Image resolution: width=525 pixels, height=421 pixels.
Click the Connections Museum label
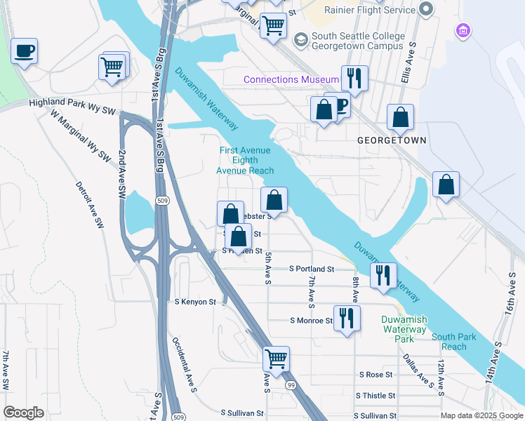tap(291, 80)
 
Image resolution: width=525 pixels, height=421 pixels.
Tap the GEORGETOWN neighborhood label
tap(392, 140)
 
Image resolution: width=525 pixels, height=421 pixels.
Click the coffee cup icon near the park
tap(25, 51)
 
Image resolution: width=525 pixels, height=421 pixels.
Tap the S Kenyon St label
tap(195, 302)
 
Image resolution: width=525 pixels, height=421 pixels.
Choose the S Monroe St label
tap(311, 321)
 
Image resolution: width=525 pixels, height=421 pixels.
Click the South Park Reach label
tap(453, 342)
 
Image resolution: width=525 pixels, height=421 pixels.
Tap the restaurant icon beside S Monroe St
tap(347, 319)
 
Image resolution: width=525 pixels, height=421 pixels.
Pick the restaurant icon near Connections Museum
tap(354, 79)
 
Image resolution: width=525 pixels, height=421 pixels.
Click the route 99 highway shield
tap(289, 385)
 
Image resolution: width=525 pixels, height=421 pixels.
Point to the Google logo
tap(23, 413)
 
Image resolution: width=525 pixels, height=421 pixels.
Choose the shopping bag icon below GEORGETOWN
tap(446, 185)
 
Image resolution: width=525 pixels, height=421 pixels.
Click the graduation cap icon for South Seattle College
tap(301, 40)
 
